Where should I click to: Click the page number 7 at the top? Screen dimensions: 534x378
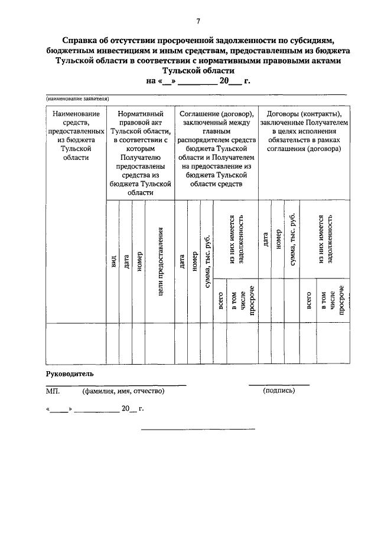tap(198, 22)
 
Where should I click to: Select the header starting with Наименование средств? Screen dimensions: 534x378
tap(75, 135)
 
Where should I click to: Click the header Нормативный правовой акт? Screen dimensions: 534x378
tap(141, 152)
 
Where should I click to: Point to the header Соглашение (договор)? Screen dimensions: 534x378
tap(217, 148)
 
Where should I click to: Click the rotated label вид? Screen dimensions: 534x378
tap(112, 261)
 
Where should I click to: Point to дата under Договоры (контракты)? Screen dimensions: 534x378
tap(265, 239)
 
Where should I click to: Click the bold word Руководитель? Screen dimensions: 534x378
tap(70, 374)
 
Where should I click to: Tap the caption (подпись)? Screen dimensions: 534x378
tap(279, 391)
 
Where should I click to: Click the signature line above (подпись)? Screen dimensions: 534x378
tap(279, 385)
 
